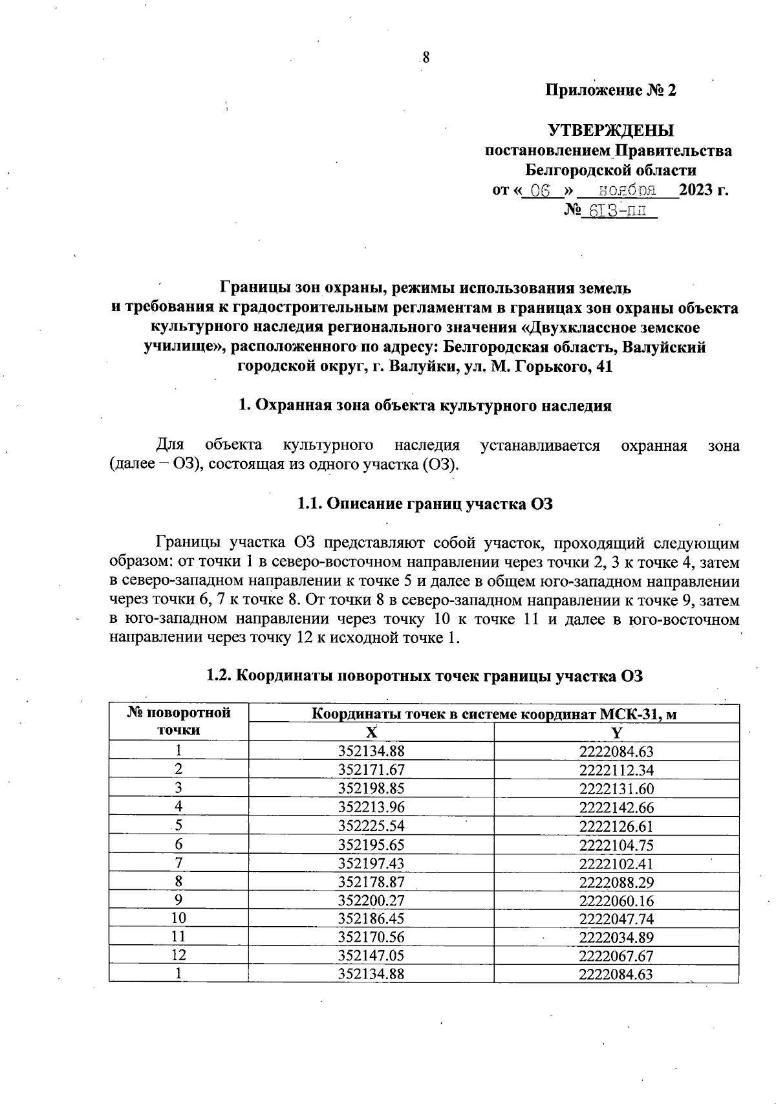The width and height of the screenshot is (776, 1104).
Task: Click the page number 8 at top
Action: pos(426,58)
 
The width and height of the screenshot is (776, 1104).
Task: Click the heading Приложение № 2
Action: pos(610,91)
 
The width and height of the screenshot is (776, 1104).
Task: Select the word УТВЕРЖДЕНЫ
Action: pos(610,131)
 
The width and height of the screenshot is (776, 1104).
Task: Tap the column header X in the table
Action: pos(371,732)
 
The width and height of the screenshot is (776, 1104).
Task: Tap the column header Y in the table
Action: pos(616,732)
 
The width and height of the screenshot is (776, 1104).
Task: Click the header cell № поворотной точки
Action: pos(178,722)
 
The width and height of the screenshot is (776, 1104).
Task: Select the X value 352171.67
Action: pos(371,770)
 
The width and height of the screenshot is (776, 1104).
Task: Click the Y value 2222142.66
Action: pos(616,807)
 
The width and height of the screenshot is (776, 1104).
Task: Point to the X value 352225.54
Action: pos(371,826)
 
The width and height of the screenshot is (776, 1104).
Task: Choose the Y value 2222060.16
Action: pos(616,900)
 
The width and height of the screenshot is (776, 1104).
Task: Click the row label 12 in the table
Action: pos(178,956)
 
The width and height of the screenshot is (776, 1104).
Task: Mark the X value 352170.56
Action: pos(371,937)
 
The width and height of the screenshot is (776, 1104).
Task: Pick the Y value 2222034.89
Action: pos(616,937)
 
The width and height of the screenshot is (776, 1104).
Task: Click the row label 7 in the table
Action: pos(178,863)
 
